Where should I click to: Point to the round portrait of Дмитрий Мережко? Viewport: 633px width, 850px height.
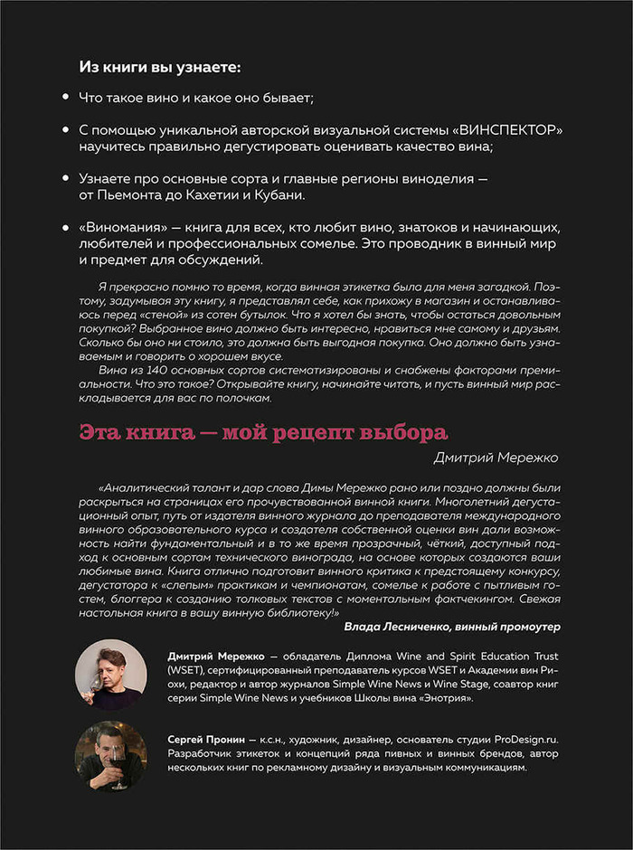point(110,674)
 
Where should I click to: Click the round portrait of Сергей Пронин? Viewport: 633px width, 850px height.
point(110,756)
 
